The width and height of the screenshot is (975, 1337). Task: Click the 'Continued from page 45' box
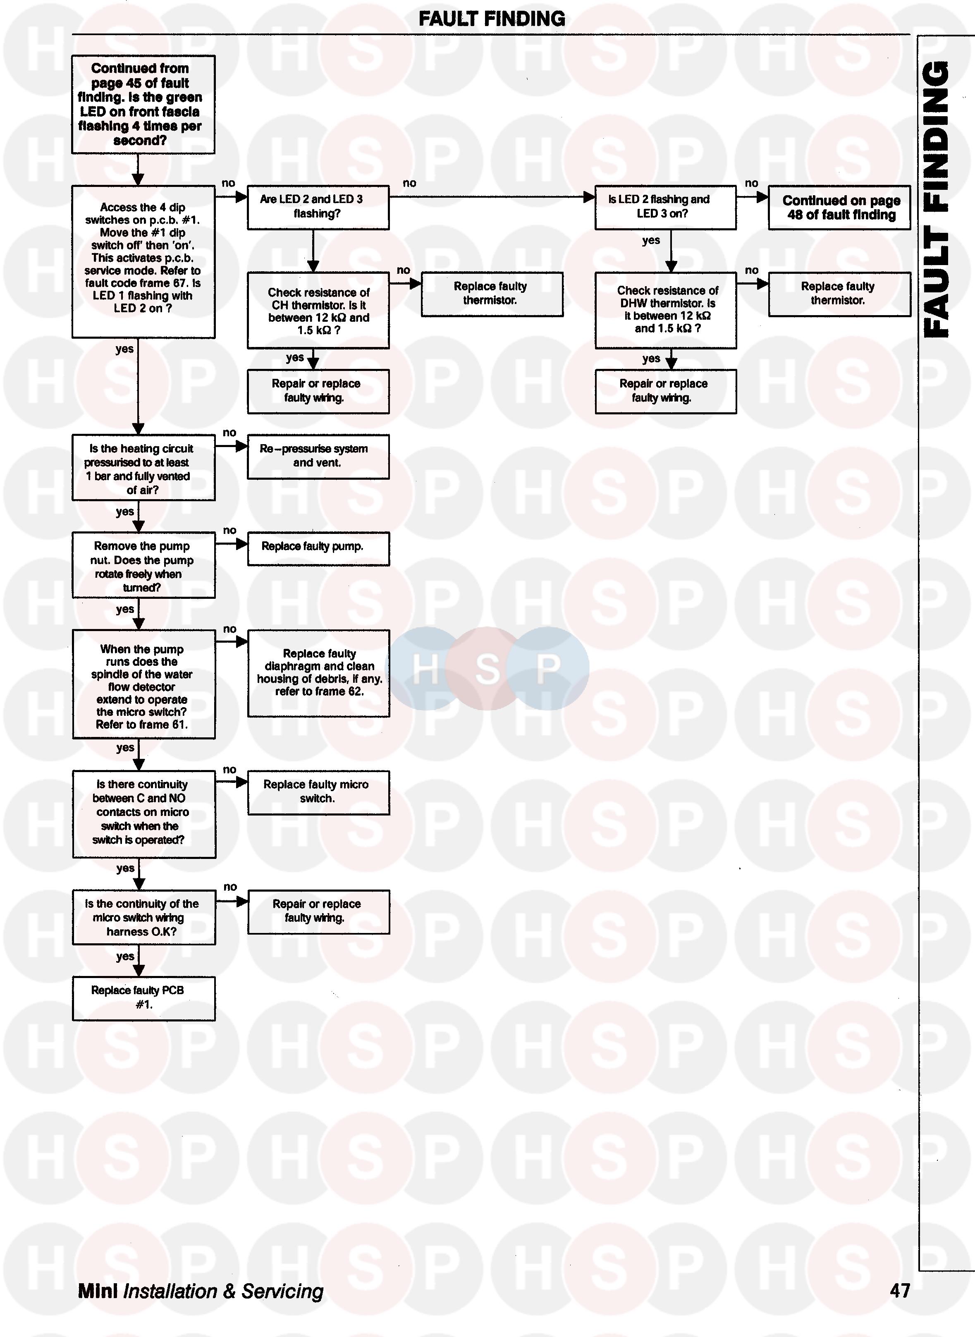143,105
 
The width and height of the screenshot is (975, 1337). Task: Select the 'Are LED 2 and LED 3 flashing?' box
318,207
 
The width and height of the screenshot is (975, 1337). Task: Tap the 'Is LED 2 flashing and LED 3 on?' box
665,207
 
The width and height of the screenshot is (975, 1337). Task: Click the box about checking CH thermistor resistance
318,311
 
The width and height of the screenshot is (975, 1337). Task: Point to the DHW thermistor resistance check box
665,310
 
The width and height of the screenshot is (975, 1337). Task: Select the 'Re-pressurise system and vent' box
318,456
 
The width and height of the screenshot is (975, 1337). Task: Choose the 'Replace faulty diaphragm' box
318,673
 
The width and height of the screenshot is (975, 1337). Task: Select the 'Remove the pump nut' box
143,565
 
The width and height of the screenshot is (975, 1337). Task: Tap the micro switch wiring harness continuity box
143,917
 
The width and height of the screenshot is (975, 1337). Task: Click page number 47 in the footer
899,1292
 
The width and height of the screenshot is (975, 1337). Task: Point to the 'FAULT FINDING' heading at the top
491,19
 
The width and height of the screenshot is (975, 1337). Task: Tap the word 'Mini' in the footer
98,1292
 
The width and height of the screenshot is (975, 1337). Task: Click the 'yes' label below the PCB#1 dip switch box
124,349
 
